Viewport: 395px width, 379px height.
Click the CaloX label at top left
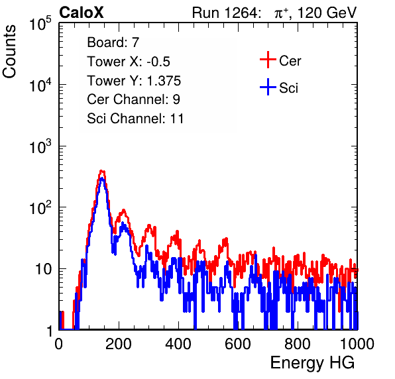pos(81,13)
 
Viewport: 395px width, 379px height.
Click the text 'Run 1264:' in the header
pos(225,13)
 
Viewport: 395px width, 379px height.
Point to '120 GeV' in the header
pos(327,13)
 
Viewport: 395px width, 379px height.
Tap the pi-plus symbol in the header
pos(281,13)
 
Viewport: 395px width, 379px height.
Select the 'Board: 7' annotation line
pos(113,42)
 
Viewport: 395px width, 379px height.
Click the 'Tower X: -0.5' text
pos(129,62)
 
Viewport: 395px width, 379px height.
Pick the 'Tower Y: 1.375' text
pos(134,81)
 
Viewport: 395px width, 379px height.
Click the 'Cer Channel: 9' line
pos(133,99)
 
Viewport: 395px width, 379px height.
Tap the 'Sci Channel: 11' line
pos(135,119)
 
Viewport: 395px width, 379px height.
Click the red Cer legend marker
pos(268,60)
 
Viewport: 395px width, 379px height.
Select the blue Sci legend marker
pos(268,87)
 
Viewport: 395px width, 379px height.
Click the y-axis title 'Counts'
pos(9,52)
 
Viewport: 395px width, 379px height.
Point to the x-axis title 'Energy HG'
pos(312,362)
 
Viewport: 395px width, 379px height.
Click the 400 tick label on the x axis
pos(178,344)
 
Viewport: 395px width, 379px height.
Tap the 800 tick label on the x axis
pos(298,344)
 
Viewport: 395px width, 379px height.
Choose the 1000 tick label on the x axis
pos(357,344)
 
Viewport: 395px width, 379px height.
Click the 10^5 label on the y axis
pos(40,24)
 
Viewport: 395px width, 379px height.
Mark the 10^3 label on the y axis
pos(40,147)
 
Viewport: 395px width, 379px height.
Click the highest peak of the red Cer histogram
pos(101,171)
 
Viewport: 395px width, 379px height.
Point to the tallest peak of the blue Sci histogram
pos(101,178)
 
